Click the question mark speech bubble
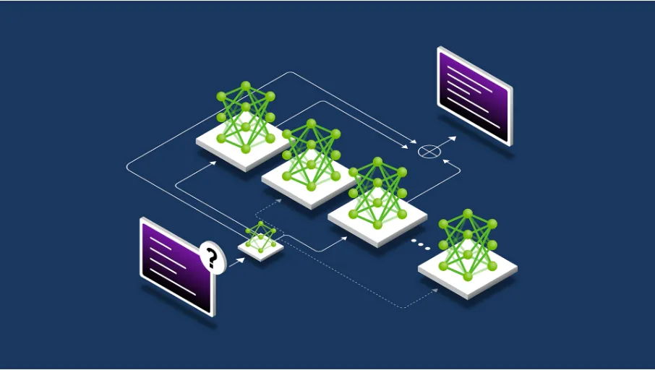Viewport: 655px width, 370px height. coord(210,257)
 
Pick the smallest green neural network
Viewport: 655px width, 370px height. coord(260,236)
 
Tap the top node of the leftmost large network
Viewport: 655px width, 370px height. coord(246,86)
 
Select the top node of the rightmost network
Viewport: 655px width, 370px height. coord(468,213)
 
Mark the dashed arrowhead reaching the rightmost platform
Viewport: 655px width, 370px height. coord(435,290)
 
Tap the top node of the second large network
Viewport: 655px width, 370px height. coord(311,124)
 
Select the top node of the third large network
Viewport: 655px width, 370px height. coord(377,161)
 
